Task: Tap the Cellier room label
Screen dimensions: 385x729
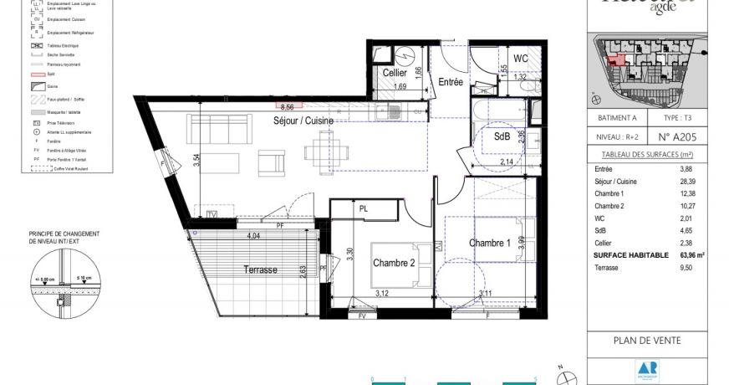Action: click(x=395, y=73)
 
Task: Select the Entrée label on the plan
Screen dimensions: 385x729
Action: click(x=451, y=81)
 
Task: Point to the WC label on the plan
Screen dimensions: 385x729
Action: click(x=520, y=59)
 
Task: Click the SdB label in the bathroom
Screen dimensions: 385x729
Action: click(x=502, y=136)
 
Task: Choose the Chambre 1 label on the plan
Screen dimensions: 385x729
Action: click(x=490, y=243)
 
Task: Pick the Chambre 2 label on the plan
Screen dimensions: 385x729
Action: click(x=394, y=262)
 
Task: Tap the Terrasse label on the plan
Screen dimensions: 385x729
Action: click(x=260, y=269)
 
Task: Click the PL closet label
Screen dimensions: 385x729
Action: click(x=364, y=208)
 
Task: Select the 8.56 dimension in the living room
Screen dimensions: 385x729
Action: click(x=288, y=107)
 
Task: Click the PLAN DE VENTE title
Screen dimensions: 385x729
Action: click(x=646, y=341)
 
